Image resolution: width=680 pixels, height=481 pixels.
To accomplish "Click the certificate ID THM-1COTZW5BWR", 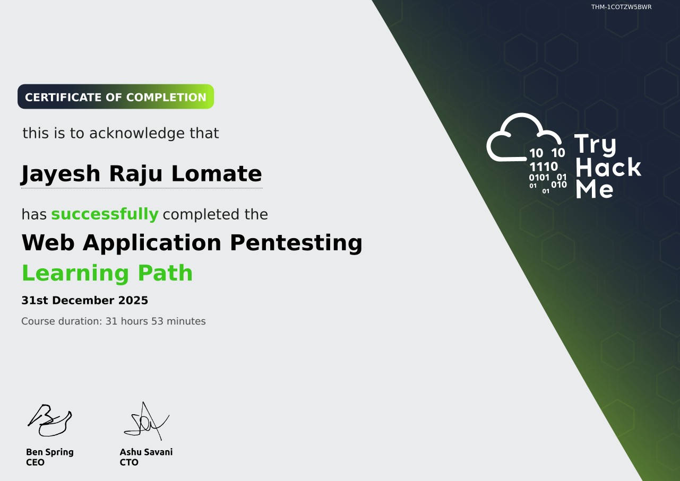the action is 621,7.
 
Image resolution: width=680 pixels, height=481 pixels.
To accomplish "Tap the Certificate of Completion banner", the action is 116,97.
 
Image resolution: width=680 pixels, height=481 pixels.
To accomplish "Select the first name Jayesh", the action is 60,174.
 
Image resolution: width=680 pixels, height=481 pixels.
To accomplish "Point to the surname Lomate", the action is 217,173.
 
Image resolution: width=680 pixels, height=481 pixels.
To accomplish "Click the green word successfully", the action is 105,214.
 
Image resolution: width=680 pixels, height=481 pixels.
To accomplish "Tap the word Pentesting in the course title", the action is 296,243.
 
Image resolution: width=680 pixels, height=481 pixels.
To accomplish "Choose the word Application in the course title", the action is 152,243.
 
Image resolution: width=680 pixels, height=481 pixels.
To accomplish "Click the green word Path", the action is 165,273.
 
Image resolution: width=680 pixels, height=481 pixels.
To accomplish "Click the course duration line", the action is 114,321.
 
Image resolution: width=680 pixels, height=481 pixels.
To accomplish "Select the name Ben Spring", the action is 50,452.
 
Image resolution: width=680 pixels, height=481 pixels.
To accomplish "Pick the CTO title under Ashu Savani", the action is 129,462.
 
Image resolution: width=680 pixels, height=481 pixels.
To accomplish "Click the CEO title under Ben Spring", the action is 35,462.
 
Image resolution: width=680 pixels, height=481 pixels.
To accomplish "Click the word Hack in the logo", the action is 608,167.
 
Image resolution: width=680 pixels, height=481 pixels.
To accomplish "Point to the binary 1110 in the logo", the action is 544,167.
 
